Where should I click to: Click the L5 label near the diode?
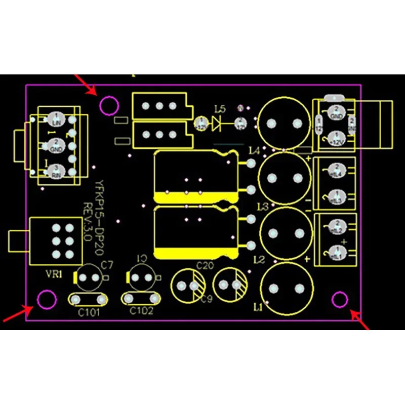point(220,109)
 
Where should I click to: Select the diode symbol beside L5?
point(218,123)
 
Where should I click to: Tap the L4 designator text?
point(254,150)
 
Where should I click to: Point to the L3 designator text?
point(262,206)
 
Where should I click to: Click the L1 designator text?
point(258,307)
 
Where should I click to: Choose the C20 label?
point(205,265)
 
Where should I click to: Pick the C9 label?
point(206,299)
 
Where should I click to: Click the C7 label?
point(107,264)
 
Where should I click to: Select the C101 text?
point(89,312)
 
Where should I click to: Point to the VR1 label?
point(54,275)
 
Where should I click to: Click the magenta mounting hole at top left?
point(109,106)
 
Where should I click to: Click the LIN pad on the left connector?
point(56,120)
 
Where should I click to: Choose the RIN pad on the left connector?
point(56,171)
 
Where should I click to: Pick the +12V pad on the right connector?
point(334,138)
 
